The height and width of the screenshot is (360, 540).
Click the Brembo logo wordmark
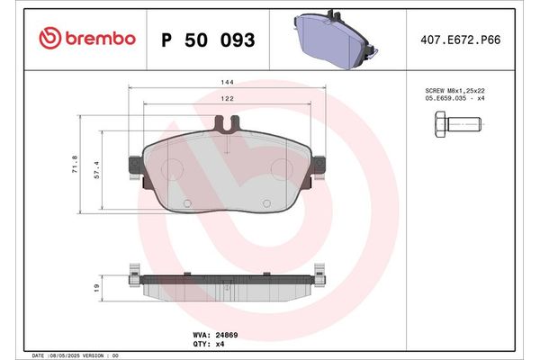(x=101, y=39)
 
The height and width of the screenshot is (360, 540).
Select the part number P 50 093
(x=207, y=40)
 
